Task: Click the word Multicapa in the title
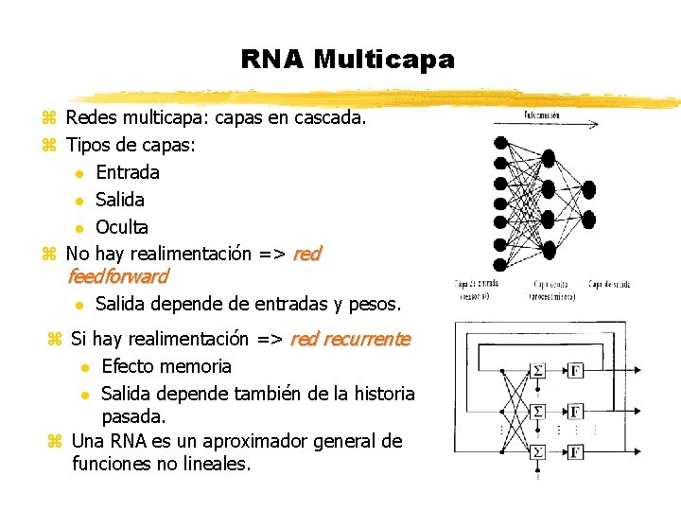click(x=384, y=60)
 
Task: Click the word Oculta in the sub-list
click(x=122, y=227)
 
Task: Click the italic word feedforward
click(x=118, y=277)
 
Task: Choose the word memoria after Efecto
click(x=197, y=366)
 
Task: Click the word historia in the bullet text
click(x=380, y=393)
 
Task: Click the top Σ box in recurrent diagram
click(x=537, y=369)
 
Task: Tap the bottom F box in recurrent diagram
click(x=575, y=452)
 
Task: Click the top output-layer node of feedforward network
click(x=589, y=188)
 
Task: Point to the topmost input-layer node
click(x=500, y=142)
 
